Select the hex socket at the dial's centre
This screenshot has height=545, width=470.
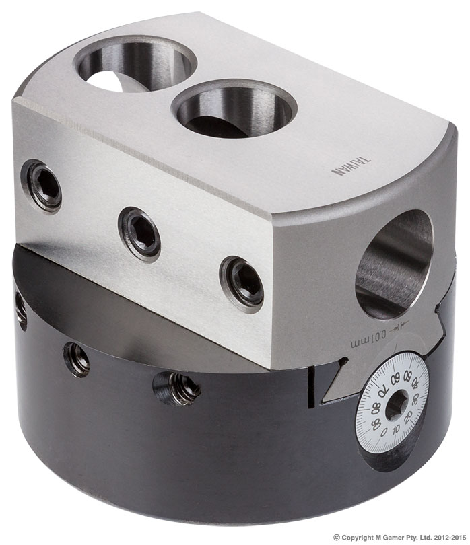395,404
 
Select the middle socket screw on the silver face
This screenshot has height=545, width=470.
140,233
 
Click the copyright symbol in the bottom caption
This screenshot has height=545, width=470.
337,537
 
